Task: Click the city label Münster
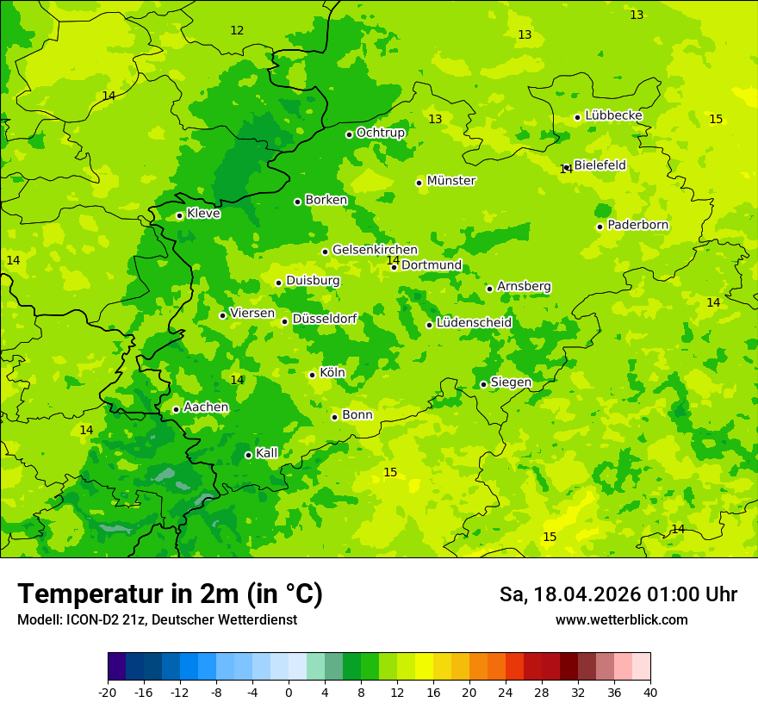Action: pos(451,181)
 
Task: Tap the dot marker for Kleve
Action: pos(179,215)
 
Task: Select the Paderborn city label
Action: pos(637,226)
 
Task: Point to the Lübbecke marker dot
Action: pos(577,117)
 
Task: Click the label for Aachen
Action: pos(206,407)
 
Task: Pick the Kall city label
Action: pos(267,453)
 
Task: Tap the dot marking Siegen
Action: pos(483,384)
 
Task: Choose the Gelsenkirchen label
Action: pos(375,250)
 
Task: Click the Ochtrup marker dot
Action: pos(349,134)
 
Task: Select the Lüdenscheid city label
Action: pos(474,323)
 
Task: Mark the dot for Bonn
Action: pos(334,417)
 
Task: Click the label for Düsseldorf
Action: pos(325,319)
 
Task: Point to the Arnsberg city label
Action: pos(524,287)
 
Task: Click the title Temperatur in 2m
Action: pos(170,594)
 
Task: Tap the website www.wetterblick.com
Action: pos(621,620)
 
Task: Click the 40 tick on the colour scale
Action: pos(650,692)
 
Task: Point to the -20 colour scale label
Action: pos(108,692)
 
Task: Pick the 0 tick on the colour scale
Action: pos(289,692)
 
